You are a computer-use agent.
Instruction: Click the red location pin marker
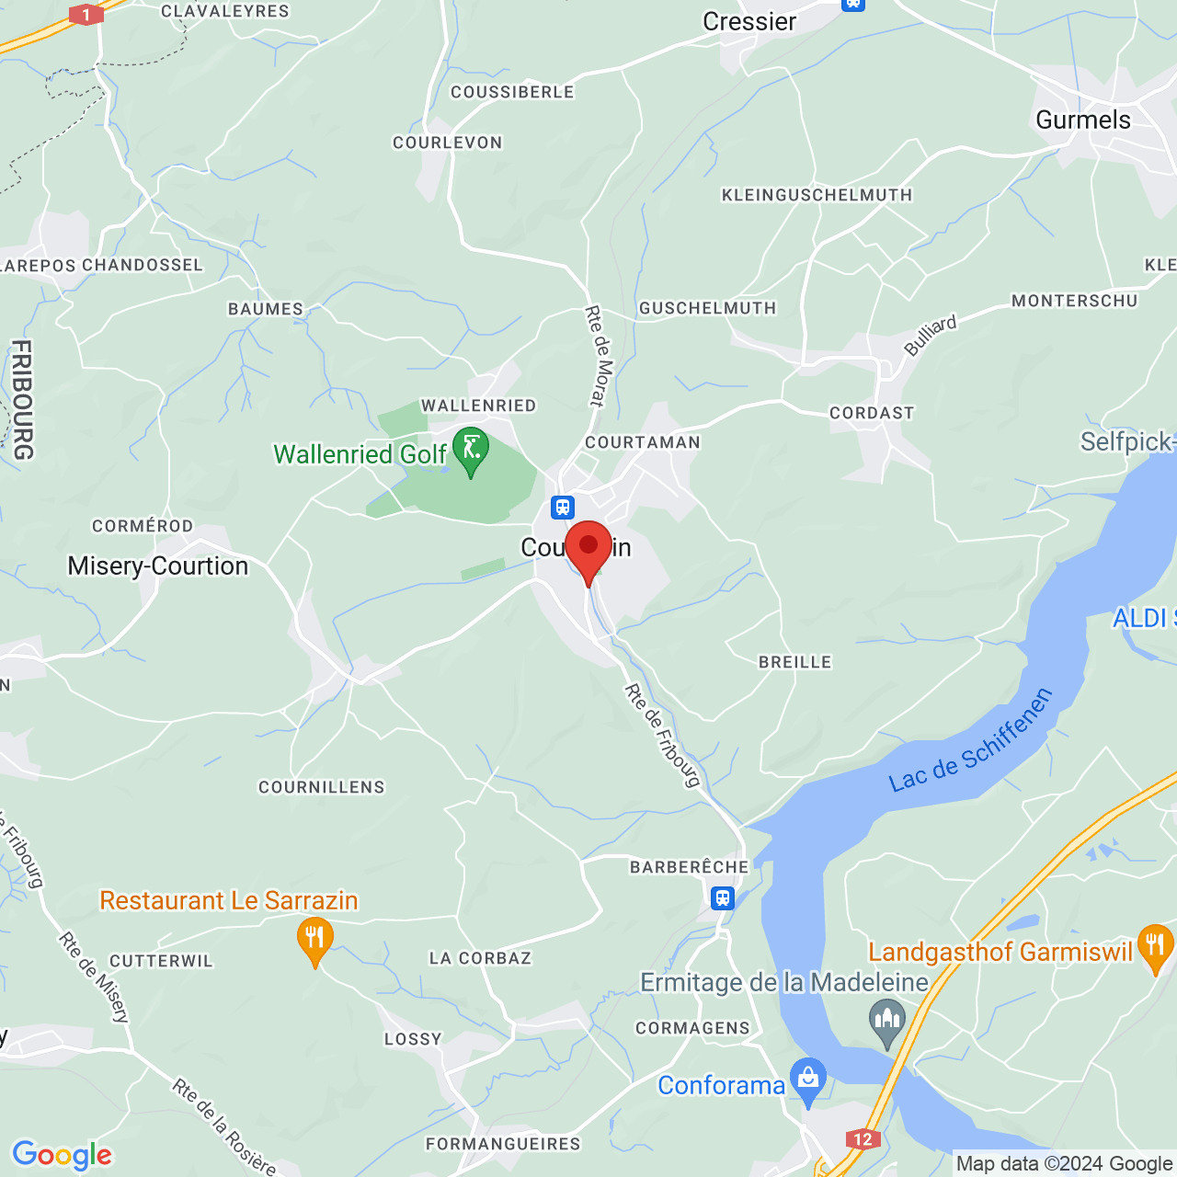(x=588, y=549)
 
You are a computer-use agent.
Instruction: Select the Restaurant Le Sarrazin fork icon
(x=314, y=940)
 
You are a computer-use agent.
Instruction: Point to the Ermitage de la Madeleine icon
(x=887, y=1020)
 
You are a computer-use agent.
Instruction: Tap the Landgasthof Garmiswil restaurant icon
(x=1155, y=946)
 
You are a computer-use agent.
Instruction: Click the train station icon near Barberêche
(x=723, y=897)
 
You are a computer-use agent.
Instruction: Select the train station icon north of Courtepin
(x=563, y=508)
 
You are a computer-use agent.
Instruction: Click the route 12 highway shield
(x=862, y=1139)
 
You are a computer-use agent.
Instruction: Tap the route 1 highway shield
(x=86, y=15)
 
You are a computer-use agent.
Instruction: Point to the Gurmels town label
(x=1082, y=120)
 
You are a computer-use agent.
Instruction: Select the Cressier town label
(x=749, y=21)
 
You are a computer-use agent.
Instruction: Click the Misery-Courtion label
(x=158, y=566)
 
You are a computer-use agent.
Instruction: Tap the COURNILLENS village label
(x=321, y=787)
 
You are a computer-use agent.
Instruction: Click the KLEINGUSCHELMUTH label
(x=817, y=195)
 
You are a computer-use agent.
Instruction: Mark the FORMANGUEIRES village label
(x=503, y=1144)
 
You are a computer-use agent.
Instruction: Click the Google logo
(x=62, y=1155)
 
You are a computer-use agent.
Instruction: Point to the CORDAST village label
(x=872, y=413)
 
